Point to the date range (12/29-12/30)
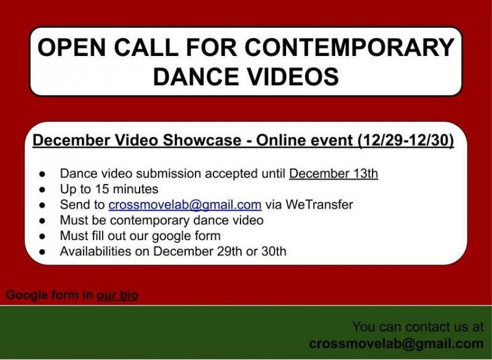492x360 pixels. pyautogui.click(x=406, y=141)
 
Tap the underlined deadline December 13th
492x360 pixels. pyautogui.click(x=333, y=173)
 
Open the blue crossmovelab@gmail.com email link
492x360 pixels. pyautogui.click(x=185, y=205)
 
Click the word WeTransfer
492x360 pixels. pyautogui.click(x=317, y=205)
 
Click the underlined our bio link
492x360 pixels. pyautogui.click(x=117, y=295)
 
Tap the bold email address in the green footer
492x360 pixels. pyautogui.click(x=396, y=343)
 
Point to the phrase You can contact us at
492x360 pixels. pyautogui.click(x=418, y=327)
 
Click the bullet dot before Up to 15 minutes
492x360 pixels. pyautogui.click(x=42, y=190)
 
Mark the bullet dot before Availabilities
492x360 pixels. pyautogui.click(x=42, y=252)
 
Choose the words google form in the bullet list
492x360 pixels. pyautogui.click(x=186, y=236)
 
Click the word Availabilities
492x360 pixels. pyautogui.click(x=105, y=251)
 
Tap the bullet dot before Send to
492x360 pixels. pyautogui.click(x=42, y=205)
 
